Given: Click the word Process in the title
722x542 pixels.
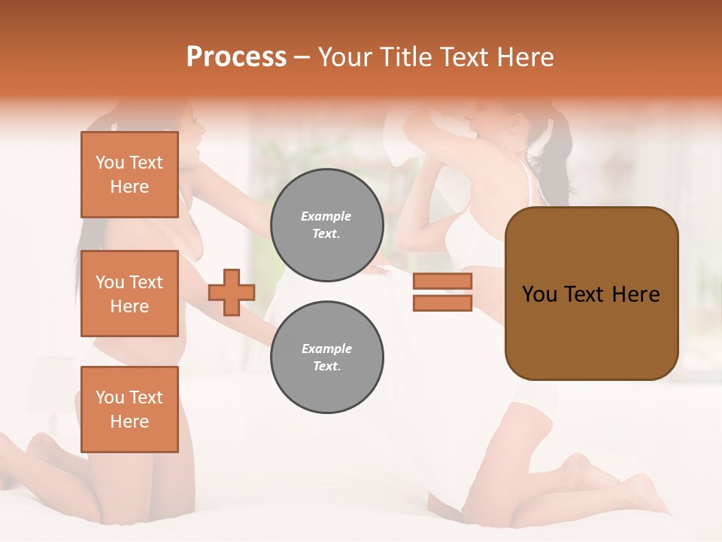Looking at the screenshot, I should click(x=236, y=57).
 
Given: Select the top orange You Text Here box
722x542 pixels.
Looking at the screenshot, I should click(x=129, y=175).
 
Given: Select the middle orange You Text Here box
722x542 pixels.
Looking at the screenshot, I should click(x=129, y=294).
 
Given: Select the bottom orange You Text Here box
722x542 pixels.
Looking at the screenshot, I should click(x=129, y=410).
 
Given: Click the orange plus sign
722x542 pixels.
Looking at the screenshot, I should click(x=232, y=293).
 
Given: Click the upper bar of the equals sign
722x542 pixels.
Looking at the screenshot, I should click(x=442, y=282).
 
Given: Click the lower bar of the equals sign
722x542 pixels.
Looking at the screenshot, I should click(x=442, y=303).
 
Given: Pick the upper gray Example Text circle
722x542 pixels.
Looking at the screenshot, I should click(x=326, y=225).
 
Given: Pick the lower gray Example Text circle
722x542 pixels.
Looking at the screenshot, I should click(x=326, y=358).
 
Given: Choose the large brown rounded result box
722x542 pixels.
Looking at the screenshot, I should click(x=591, y=294).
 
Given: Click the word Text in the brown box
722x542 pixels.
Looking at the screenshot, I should click(x=590, y=294).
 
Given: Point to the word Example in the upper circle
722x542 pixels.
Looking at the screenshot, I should click(x=326, y=217).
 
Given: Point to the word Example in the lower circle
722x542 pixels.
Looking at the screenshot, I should click(x=326, y=349).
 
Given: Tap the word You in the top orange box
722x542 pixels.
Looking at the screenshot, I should click(x=110, y=163).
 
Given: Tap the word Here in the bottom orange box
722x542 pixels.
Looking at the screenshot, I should click(x=129, y=422).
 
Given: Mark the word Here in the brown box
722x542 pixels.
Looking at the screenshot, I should click(x=636, y=294).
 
